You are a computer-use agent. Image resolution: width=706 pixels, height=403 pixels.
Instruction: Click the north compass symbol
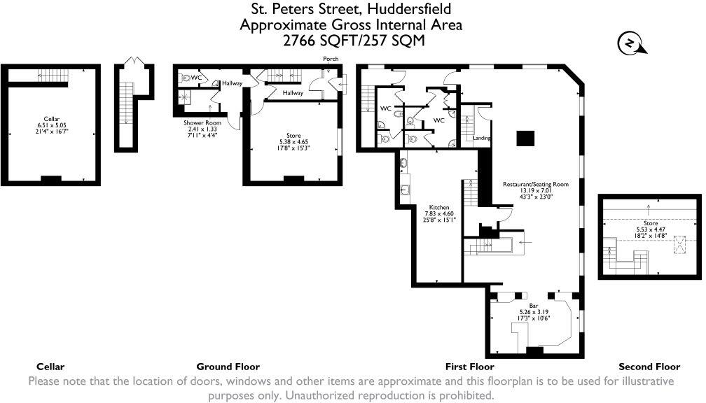pos(630,44)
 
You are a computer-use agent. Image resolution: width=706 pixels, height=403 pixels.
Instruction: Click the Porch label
pos(331,59)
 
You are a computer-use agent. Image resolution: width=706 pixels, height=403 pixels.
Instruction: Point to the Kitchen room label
pos(438,207)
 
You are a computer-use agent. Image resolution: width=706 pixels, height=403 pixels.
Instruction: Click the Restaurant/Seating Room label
pos(535,184)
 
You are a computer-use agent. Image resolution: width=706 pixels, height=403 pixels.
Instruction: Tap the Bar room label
pos(533,305)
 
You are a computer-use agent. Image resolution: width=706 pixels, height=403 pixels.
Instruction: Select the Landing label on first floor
pos(481,138)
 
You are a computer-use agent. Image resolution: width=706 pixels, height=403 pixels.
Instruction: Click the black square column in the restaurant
pos(525,139)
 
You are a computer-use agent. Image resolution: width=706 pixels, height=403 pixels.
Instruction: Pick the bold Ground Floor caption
pos(228,367)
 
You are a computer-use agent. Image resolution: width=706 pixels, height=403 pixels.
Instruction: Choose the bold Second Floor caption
pos(649,367)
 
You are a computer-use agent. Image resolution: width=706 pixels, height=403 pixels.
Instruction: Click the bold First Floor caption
pos(470,367)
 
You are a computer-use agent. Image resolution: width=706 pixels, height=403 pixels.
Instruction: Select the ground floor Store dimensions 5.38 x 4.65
pos(293,142)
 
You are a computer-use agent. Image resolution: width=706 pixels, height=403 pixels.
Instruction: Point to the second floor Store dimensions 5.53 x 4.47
pos(651,229)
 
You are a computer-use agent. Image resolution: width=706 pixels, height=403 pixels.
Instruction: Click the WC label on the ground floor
pos(197,78)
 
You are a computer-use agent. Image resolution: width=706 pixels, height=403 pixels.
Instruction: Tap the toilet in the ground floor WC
pos(185,78)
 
